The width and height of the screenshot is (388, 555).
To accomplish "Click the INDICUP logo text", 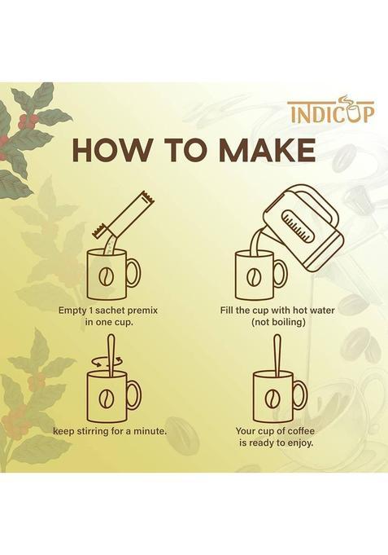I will (330, 111).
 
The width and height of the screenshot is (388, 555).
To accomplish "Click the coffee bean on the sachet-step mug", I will (107, 277).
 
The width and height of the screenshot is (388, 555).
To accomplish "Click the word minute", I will (150, 431).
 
